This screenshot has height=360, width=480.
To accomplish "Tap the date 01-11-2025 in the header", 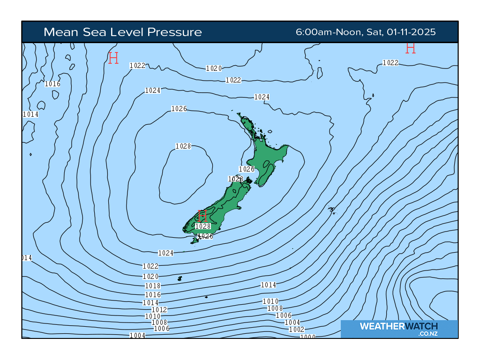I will point(411,32).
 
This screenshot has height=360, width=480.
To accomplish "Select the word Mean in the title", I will point(60,32).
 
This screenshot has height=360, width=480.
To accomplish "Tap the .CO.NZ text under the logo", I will point(428,334).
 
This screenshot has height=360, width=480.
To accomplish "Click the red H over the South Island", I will point(202,216).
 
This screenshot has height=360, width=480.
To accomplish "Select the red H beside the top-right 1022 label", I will point(411,48).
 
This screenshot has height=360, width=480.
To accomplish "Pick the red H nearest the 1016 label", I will point(113,58).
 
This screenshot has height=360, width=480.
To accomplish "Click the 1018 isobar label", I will point(153,286).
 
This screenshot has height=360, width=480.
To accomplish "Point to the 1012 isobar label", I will point(159,310).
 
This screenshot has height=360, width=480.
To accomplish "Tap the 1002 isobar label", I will point(296,330).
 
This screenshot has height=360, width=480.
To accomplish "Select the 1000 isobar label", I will point(308,337).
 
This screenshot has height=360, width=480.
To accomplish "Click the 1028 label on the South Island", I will point(203,226).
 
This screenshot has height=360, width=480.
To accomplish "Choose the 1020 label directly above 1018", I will point(150,277).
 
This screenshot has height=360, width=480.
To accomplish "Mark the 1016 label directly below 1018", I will point(153,295).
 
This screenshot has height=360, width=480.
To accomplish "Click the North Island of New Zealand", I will point(267,159).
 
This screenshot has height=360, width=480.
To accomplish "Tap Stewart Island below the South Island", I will point(195,240).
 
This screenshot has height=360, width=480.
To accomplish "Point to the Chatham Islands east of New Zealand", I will point(332,210).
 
